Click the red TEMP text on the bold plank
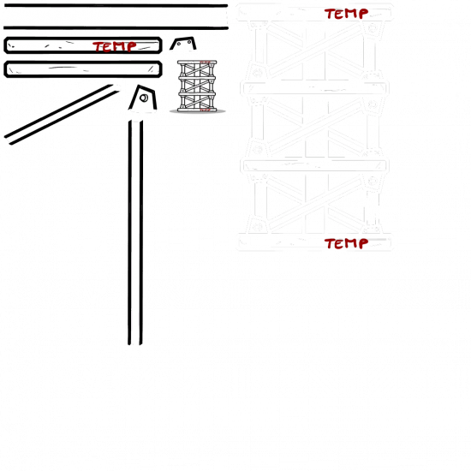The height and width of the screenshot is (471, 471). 115,46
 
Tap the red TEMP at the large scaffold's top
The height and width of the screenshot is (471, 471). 346,14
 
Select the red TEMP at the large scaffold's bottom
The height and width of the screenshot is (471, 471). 346,243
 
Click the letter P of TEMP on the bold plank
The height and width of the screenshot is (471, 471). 131,46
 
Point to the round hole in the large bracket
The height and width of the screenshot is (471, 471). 144,98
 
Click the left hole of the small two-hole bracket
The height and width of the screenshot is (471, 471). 179,44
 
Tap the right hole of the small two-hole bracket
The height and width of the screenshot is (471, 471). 189,42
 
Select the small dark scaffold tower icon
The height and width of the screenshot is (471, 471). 197,86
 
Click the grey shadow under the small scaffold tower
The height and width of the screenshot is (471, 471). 197,111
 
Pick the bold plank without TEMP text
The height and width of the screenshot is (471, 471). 83,69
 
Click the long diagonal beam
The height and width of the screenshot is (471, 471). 62,115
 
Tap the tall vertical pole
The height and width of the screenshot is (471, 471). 135,232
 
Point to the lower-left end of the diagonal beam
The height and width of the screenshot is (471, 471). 8,140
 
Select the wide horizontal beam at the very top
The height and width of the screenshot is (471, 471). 116,17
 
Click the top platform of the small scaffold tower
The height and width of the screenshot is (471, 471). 197,63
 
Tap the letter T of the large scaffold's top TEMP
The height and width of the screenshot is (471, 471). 329,14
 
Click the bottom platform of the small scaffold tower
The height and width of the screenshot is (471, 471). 197,110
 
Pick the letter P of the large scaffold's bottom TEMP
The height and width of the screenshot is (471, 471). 363,243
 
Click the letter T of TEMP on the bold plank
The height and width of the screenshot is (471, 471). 98,47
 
